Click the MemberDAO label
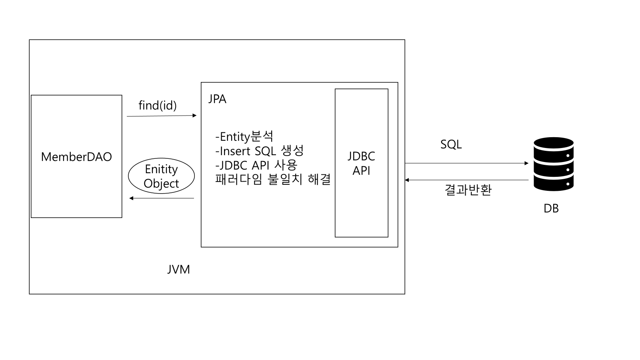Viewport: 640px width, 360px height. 76,157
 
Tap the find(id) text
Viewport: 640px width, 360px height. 158,105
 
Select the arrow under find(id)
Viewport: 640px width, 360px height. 162,116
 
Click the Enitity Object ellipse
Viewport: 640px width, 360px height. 161,176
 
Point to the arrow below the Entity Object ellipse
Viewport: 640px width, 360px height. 162,198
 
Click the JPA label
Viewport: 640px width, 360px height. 217,99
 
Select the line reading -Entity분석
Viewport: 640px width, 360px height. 244,137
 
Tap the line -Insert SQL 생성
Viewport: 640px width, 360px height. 260,151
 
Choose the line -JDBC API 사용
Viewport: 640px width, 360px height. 256,165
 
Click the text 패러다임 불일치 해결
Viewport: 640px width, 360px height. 273,179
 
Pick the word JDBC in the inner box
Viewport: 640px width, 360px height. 361,156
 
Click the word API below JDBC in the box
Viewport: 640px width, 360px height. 361,170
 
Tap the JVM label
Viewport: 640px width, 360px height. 178,270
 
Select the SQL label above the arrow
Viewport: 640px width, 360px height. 451,144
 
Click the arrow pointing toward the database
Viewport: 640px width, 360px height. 466,163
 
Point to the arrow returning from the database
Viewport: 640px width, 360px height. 466,180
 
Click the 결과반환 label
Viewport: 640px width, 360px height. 468,190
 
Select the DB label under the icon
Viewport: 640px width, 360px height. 551,208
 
